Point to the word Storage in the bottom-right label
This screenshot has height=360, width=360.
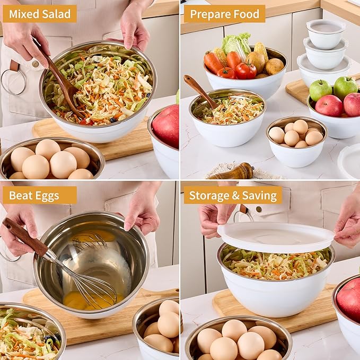click(x=208, y=195)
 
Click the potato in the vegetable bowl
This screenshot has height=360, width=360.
click(x=275, y=67)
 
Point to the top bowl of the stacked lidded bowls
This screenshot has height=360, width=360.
click(x=325, y=33)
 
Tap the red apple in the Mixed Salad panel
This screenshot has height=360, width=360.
click(x=166, y=126)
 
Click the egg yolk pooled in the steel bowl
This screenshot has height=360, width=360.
click(x=76, y=301)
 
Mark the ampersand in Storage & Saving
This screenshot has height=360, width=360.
click(x=235, y=196)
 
